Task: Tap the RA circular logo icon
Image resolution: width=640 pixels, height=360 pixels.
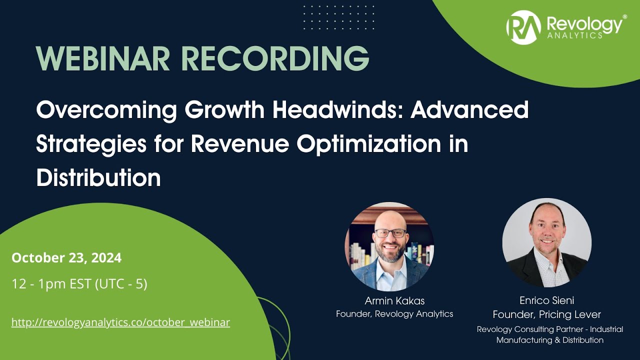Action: [523, 27]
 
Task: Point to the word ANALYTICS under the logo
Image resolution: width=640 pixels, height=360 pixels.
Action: [574, 35]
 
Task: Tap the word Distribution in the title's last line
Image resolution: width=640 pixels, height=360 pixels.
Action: [98, 177]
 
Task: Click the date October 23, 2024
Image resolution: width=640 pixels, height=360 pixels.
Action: [66, 258]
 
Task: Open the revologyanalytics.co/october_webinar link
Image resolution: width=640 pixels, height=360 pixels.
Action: [120, 322]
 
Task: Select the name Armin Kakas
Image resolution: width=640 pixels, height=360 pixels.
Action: [394, 301]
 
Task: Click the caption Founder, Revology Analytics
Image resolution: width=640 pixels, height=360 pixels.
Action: [394, 314]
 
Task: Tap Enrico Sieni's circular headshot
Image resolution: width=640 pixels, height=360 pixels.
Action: [547, 243]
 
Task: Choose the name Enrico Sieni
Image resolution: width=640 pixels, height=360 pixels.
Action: [546, 301]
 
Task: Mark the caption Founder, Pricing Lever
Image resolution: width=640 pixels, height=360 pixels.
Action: [546, 314]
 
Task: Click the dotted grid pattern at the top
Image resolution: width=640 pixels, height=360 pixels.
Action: [338, 17]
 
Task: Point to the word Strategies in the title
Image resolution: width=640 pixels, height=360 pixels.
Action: [91, 144]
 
